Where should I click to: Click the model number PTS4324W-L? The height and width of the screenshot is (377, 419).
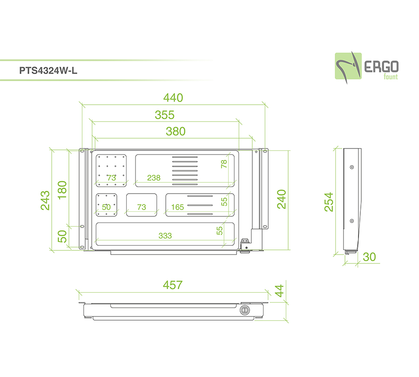[x=48, y=71]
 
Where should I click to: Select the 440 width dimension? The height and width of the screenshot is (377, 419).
[x=173, y=98]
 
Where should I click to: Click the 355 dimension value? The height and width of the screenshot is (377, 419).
[x=165, y=115]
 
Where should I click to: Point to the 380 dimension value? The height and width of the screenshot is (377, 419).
[x=176, y=131]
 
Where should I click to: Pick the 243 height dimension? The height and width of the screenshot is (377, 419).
[x=45, y=200]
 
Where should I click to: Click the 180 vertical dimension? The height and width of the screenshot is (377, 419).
[x=62, y=190]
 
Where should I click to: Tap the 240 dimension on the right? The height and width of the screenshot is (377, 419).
[x=282, y=199]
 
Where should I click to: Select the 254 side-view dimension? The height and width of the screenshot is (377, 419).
[x=329, y=202]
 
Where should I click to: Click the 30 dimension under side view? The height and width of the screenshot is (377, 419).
[x=370, y=257]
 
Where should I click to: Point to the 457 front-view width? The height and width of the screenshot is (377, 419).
[x=173, y=285]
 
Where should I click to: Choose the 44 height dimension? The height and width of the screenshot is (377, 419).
[x=279, y=291]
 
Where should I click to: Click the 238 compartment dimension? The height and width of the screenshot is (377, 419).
[x=154, y=178]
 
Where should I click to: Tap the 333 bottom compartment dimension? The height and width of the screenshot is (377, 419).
[x=165, y=236]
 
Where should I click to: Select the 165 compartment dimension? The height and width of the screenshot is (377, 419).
[x=177, y=207]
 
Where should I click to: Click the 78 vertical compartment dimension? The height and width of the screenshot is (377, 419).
[x=224, y=164]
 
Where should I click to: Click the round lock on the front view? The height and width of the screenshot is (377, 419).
[x=244, y=310]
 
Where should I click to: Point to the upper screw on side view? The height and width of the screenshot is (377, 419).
[x=352, y=167]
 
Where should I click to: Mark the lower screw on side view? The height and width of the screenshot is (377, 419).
[x=352, y=221]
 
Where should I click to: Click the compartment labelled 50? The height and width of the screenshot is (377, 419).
[x=106, y=205]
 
